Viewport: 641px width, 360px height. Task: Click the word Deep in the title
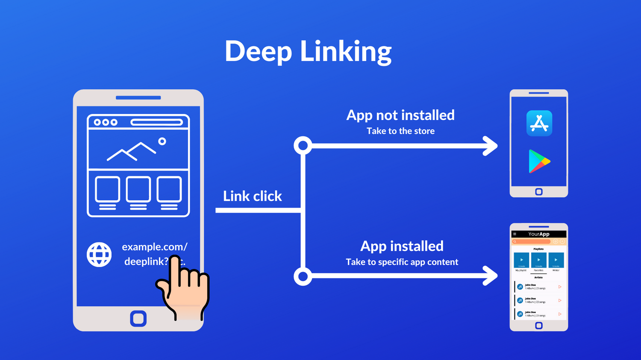[x=258, y=52]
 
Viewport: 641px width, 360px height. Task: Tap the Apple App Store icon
[x=539, y=123]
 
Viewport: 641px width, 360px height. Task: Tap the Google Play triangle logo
[x=538, y=161]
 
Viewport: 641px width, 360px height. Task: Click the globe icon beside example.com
[x=99, y=255]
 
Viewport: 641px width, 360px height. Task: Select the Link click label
[x=252, y=196]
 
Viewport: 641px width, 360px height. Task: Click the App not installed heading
[x=400, y=115]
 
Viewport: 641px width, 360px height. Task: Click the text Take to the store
[x=400, y=131]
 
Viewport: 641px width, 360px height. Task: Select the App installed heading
[x=402, y=246]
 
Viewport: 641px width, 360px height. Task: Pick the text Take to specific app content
[x=402, y=262]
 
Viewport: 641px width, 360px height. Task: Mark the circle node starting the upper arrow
[x=303, y=146]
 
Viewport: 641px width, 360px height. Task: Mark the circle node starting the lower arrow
[x=303, y=276]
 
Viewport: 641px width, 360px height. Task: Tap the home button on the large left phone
[x=138, y=319]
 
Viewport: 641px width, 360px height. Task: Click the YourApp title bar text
[x=538, y=234]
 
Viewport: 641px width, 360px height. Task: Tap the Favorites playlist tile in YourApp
[x=538, y=260]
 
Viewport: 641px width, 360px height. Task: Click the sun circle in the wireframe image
[x=162, y=141]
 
